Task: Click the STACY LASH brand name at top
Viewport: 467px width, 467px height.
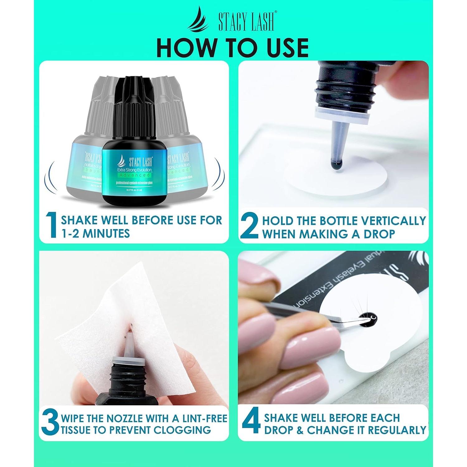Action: pos(246,22)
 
